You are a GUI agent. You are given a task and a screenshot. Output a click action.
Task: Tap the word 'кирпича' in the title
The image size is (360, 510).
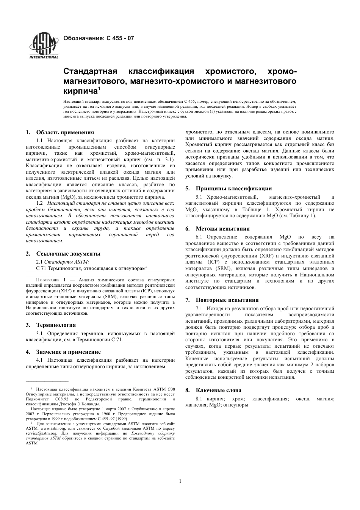point(80,91)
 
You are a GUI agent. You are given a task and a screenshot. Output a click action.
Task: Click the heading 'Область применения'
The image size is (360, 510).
point(65,132)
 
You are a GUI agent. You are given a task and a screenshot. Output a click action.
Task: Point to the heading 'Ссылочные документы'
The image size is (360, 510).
point(68,254)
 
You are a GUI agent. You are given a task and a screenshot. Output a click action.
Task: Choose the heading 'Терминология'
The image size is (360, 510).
point(56,325)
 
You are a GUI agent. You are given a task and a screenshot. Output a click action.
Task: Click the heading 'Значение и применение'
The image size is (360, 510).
point(68,352)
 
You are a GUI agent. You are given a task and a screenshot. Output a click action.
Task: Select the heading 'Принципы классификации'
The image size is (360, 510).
point(233,188)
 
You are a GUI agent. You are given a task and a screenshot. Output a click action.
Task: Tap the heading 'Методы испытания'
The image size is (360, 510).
point(222,229)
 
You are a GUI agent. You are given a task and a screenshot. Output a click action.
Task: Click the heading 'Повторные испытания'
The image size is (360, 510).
point(227,300)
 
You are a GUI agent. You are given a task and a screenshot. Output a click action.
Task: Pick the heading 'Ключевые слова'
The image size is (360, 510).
point(218,390)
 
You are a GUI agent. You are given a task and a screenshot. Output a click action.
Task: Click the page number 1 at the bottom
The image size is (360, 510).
point(180,481)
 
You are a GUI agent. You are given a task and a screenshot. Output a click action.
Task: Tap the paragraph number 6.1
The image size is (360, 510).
point(199,237)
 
